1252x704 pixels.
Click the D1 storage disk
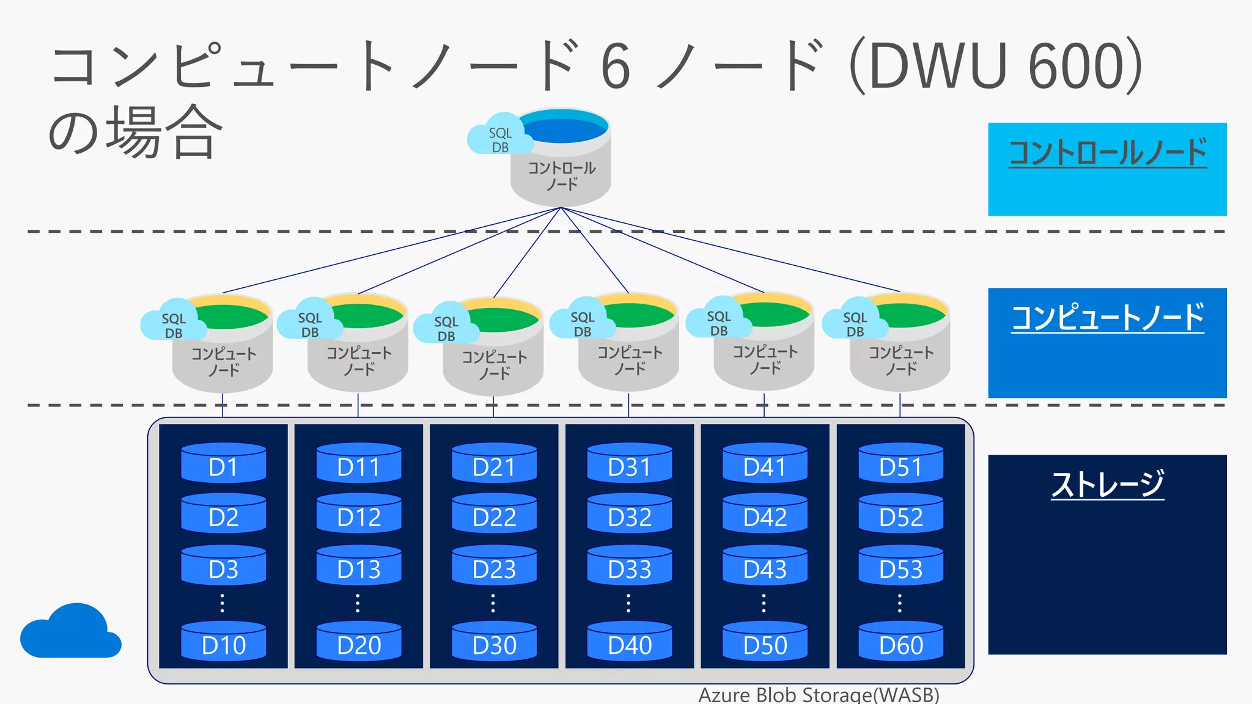tap(223, 464)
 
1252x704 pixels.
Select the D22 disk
tap(494, 515)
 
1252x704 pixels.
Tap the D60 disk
tap(900, 642)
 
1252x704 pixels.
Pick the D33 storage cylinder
tap(630, 566)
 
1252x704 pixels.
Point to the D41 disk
tap(765, 464)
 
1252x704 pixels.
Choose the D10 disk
tap(223, 642)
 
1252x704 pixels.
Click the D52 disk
tap(900, 515)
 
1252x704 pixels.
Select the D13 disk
tap(359, 566)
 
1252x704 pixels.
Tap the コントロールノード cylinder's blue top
tap(562, 127)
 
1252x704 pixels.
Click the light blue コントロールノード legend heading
tap(1107, 153)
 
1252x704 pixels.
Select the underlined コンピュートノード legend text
tap(1107, 318)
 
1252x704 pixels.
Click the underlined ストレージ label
tap(1107, 484)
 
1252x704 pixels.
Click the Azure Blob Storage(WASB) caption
tap(819, 695)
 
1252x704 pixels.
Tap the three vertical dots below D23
tap(493, 603)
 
